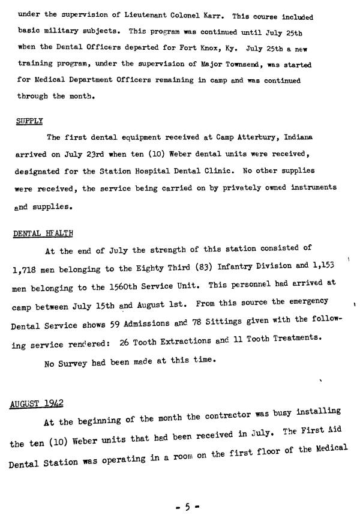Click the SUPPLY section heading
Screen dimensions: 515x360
(29, 121)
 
